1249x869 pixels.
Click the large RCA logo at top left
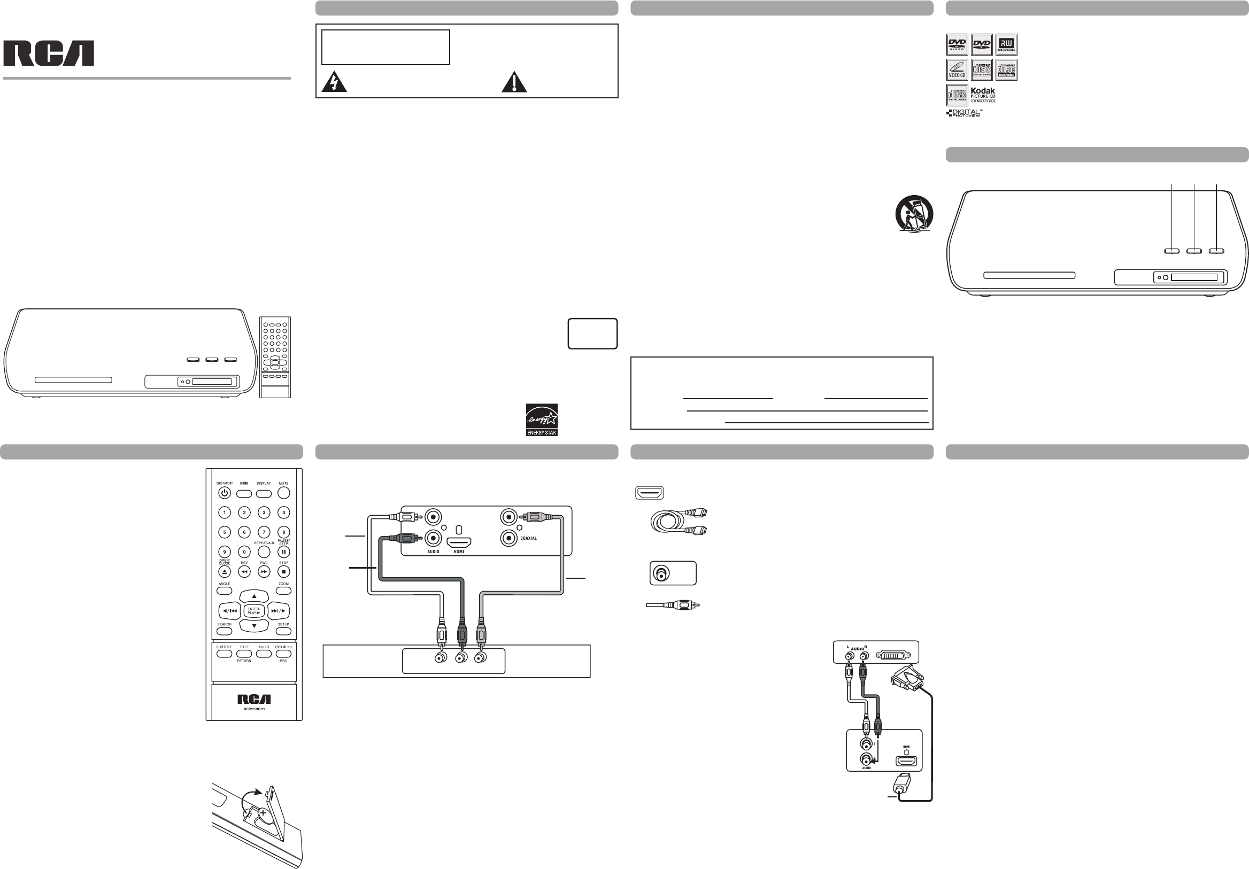tap(49, 53)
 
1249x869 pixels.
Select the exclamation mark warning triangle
tap(513, 82)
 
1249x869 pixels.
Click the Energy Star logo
tap(541, 420)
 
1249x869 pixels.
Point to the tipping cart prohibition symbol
tap(914, 214)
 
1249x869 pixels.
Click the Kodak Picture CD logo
tap(982, 95)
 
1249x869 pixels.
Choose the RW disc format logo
tap(1006, 44)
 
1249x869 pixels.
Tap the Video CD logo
tap(957, 69)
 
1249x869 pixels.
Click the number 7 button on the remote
tap(264, 532)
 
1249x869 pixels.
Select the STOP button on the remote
tap(283, 571)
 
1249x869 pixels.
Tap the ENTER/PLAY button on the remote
tap(254, 611)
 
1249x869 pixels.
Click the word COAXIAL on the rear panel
tap(528, 538)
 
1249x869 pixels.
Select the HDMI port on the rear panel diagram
tap(459, 541)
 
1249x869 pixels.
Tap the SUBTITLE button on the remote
tap(224, 654)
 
